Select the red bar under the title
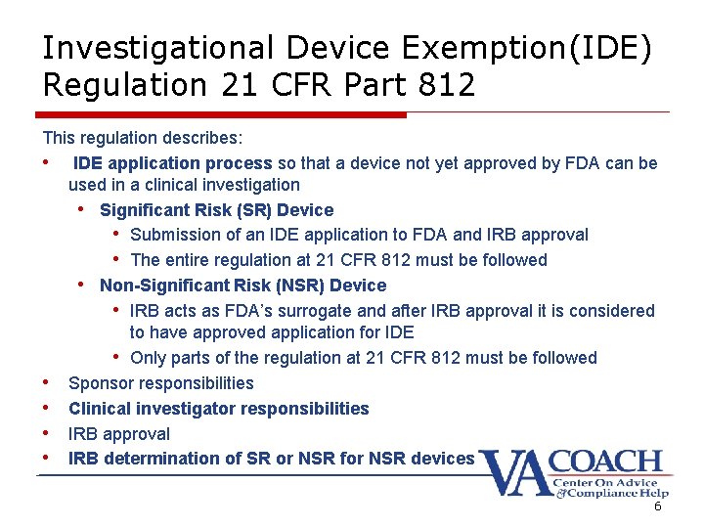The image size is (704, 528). (224, 114)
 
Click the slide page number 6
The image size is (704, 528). (657, 506)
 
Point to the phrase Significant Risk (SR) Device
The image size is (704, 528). (216, 210)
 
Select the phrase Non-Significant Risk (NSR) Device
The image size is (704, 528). (242, 286)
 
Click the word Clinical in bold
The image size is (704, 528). (102, 409)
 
